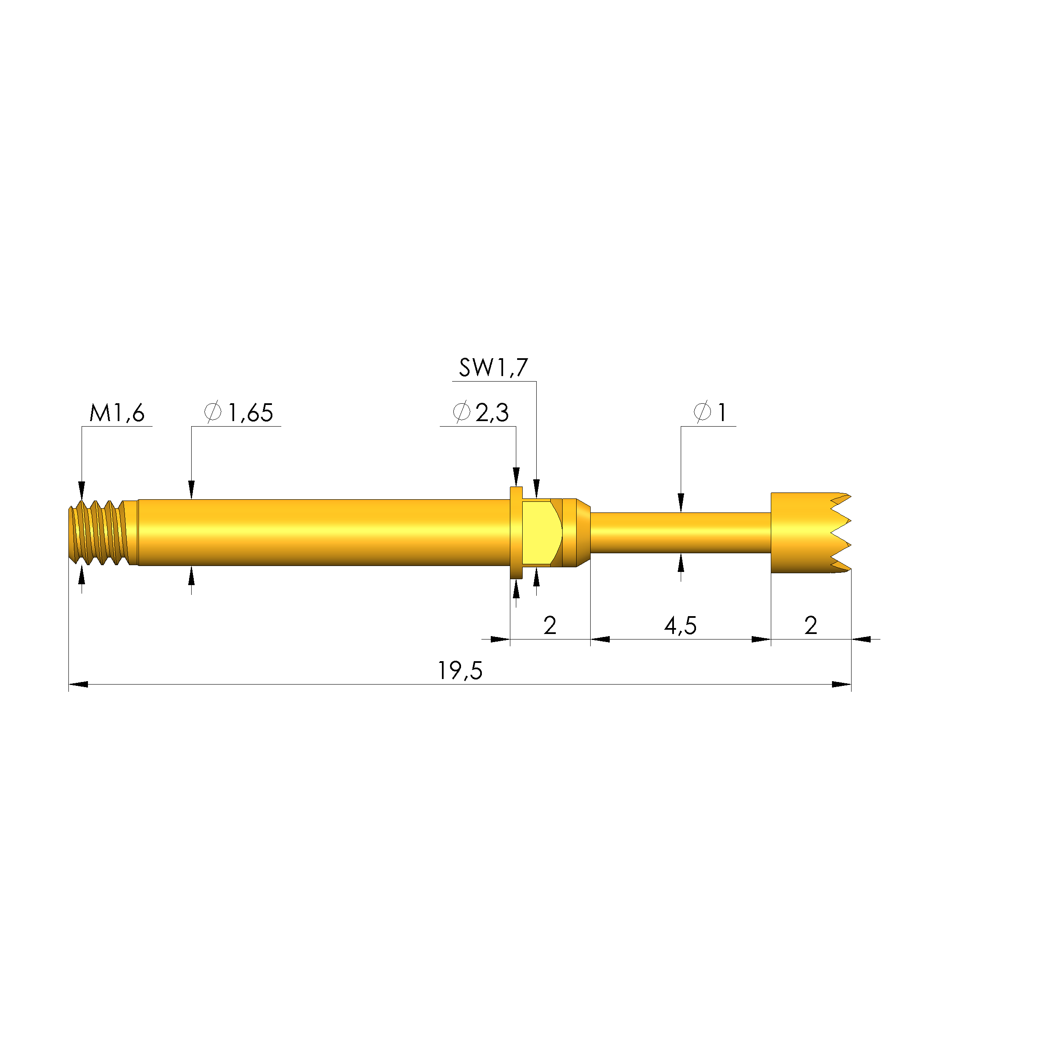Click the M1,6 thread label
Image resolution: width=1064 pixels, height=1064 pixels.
click(117, 413)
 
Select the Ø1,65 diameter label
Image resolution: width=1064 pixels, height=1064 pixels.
click(238, 413)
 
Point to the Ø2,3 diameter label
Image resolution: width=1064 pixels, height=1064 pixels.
click(480, 413)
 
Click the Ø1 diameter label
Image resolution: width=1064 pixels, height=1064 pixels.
click(710, 413)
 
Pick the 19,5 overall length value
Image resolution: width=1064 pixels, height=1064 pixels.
click(460, 671)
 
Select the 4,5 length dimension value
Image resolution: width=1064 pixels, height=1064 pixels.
click(680, 625)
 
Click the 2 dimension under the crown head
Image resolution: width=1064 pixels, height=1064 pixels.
click(810, 625)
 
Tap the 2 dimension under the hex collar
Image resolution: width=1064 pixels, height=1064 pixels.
click(549, 625)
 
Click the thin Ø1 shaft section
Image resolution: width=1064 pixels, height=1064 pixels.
click(680, 532)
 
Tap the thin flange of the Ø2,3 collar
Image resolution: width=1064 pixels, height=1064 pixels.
click(516, 532)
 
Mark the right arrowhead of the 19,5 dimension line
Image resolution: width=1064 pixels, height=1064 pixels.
click(841, 685)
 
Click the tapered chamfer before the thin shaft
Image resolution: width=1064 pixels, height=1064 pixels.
click(584, 532)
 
